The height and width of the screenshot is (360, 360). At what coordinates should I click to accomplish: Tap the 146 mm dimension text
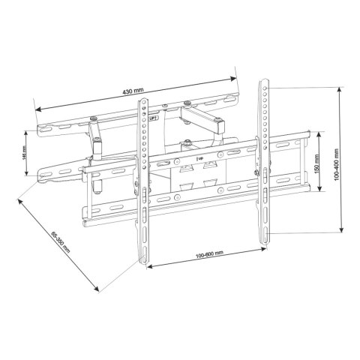[25, 152]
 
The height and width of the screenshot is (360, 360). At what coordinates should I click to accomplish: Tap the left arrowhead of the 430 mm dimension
[37, 107]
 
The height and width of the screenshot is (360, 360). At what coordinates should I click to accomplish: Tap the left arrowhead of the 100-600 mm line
[148, 266]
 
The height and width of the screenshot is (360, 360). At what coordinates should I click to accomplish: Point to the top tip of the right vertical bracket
[265, 78]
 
